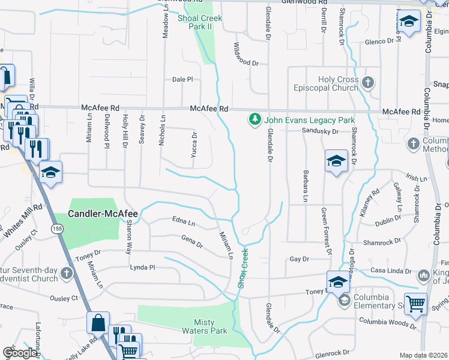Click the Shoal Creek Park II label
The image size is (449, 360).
[x=200, y=23]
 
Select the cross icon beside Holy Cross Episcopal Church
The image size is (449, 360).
[x=368, y=82]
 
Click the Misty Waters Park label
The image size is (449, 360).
[x=203, y=326]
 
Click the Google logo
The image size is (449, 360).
[x=20, y=353]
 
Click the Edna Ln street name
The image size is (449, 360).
[x=184, y=223]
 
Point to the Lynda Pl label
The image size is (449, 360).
[x=143, y=267]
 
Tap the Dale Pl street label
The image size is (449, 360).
[x=182, y=79]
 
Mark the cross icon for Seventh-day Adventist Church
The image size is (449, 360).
[x=67, y=274]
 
